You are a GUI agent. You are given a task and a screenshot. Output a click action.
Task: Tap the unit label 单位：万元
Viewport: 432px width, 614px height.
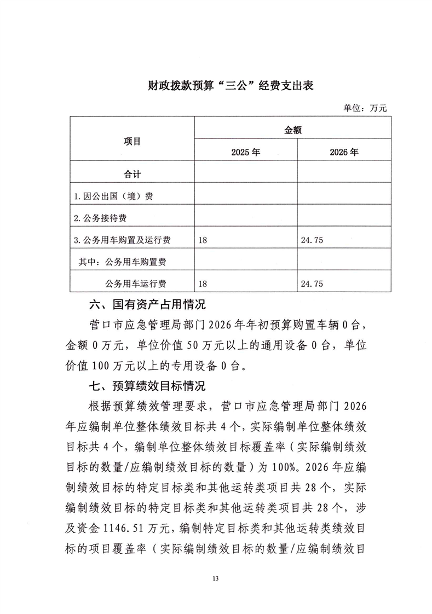pos(365,108)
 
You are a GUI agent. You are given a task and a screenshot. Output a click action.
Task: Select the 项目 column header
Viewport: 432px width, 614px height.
pos(132,141)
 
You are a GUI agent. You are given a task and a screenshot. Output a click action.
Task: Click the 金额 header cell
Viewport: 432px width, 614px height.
pos(293,130)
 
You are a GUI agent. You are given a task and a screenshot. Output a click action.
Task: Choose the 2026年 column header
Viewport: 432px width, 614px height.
pos(344,153)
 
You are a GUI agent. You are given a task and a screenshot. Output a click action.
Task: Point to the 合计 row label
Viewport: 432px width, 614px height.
pos(132,174)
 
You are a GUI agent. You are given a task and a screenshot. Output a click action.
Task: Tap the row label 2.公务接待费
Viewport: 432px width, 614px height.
pos(100,218)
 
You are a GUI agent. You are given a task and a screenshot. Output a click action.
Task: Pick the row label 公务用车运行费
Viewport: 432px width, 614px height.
pos(136,283)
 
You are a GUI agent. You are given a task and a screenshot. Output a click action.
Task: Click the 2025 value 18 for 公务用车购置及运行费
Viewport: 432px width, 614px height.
pos(204,240)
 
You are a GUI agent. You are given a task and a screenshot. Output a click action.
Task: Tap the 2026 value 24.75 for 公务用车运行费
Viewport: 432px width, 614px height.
pos(313,283)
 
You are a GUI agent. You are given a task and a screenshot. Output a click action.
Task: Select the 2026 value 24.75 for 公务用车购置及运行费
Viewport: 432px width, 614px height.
pos(313,240)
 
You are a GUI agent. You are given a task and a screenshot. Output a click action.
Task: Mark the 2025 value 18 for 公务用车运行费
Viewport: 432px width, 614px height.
pos(204,283)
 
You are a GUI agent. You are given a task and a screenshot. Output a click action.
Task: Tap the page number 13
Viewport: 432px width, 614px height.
pos(216,578)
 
